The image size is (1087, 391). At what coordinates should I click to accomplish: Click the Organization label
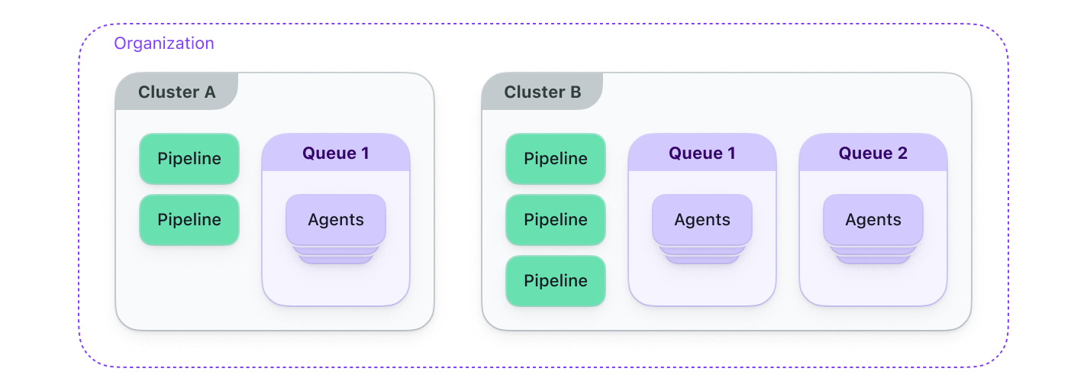tap(163, 44)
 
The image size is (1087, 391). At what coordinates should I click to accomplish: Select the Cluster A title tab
tap(176, 92)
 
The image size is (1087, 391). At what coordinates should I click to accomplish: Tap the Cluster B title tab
tap(542, 92)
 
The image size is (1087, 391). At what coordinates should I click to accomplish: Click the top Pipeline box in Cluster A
tap(189, 159)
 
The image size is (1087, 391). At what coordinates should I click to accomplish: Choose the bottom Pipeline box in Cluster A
tap(189, 220)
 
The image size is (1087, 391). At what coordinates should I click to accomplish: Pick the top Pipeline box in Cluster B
tap(556, 159)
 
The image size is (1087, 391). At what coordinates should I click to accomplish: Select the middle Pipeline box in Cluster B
tap(556, 220)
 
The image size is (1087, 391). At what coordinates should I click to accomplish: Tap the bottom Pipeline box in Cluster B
tap(556, 281)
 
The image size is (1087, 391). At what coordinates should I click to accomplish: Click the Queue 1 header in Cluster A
tap(336, 153)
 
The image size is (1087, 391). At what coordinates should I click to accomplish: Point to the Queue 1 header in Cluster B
tap(702, 153)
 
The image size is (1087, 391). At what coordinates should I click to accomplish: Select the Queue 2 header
tap(873, 153)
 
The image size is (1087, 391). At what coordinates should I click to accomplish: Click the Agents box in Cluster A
tap(336, 220)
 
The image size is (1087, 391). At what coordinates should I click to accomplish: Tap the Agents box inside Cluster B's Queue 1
tap(702, 220)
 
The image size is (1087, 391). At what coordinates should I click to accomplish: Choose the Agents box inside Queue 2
tap(873, 220)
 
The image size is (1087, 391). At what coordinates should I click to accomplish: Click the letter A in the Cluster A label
tap(209, 92)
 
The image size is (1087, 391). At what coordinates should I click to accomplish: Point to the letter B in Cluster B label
tap(575, 92)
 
